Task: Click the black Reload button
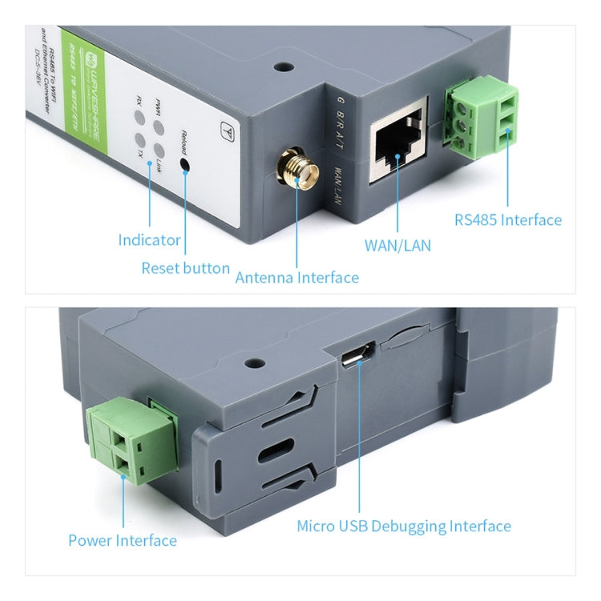185,165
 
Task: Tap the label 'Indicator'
150,240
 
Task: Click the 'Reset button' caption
185,268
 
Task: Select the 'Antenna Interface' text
296,277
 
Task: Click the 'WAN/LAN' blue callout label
397,245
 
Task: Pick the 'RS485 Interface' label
508,220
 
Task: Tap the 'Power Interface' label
123,540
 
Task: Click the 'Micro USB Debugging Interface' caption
404,526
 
